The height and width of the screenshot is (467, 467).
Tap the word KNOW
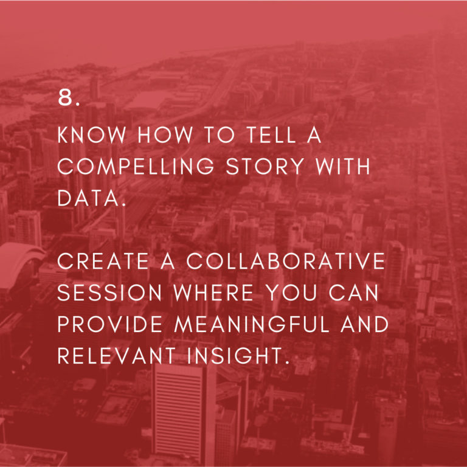92,134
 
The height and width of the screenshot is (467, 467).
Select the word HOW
165,134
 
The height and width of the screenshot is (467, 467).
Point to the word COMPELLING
136,166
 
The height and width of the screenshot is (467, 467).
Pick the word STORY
265,166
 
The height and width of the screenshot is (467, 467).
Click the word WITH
343,166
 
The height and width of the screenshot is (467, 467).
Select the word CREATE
103,261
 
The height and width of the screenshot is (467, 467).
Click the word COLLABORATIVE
286,261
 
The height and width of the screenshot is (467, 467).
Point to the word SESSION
109,292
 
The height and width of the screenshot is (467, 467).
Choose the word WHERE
213,292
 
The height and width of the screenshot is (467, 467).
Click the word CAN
353,292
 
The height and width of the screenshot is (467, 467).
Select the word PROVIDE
110,324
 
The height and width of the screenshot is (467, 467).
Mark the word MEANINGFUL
252,324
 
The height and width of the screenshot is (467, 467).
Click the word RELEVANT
117,356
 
